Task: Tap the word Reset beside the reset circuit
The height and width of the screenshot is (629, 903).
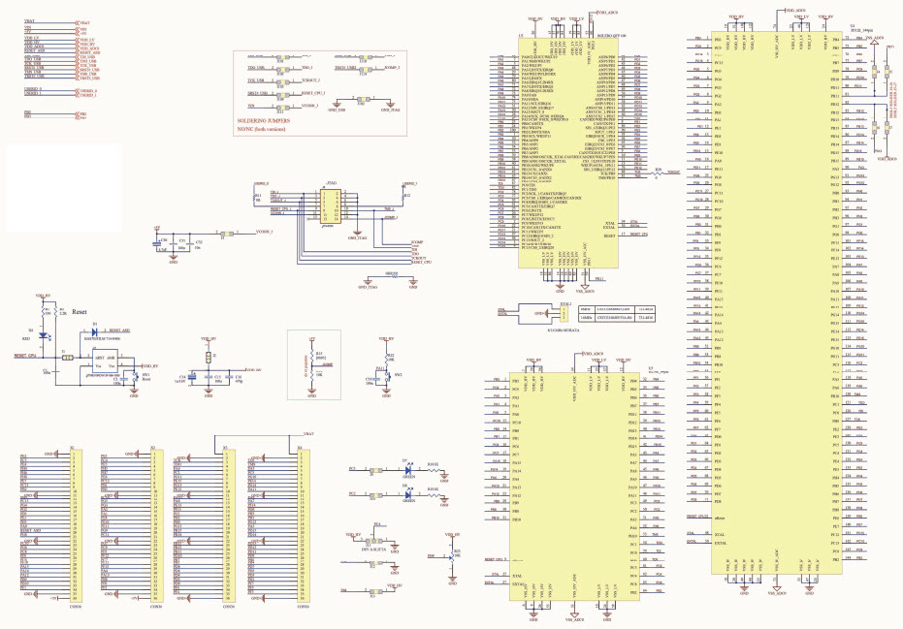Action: pos(81,313)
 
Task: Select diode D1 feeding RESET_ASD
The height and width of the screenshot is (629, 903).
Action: pos(94,330)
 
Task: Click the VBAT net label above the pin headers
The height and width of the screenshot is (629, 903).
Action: pos(308,432)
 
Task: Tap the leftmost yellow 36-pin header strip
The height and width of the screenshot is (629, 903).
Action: pos(77,523)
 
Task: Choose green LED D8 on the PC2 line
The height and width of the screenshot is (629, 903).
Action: pos(408,493)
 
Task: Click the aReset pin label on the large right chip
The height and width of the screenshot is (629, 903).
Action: pos(720,520)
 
